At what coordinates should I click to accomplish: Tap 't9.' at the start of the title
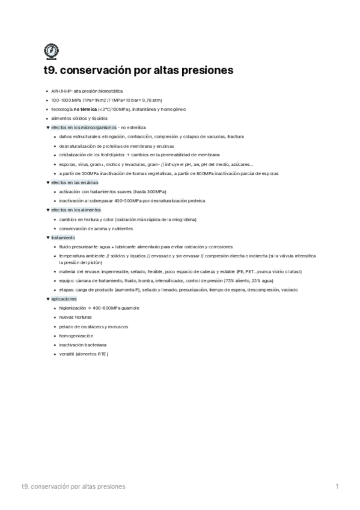click(x=52, y=71)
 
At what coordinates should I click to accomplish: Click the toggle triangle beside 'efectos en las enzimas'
click(x=47, y=182)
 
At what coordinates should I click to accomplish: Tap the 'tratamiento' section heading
click(x=63, y=238)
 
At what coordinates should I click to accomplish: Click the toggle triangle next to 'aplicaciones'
click(x=47, y=299)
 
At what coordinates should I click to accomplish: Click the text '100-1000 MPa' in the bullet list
click(x=67, y=99)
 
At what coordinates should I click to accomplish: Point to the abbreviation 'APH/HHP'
click(x=62, y=90)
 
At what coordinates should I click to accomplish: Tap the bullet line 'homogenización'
click(x=76, y=336)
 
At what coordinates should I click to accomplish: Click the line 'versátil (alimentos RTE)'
click(x=84, y=354)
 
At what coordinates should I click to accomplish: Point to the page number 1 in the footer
click(x=337, y=486)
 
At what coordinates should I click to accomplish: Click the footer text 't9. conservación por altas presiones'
click(x=73, y=486)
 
